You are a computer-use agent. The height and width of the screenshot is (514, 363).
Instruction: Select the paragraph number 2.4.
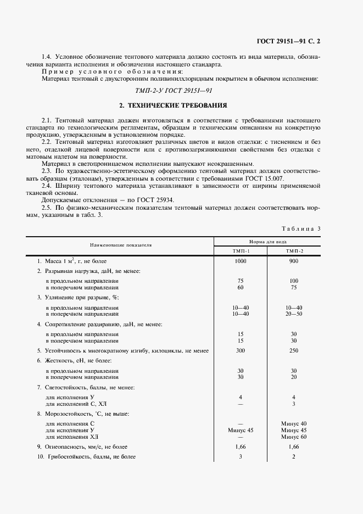click(48, 186)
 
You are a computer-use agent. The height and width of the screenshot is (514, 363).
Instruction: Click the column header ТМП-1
click(241, 251)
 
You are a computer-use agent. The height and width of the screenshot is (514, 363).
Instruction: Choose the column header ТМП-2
click(294, 251)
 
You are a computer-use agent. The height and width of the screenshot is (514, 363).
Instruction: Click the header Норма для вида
click(267, 241)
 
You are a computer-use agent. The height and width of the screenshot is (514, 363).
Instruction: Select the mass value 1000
click(241, 261)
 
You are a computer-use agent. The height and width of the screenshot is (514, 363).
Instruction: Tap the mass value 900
click(294, 261)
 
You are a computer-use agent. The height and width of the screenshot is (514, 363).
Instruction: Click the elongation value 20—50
click(294, 314)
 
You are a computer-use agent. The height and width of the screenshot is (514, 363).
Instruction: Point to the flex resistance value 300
click(241, 350)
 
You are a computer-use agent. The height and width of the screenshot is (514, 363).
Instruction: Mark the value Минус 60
click(294, 437)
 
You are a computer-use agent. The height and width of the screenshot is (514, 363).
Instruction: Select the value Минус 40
click(294, 423)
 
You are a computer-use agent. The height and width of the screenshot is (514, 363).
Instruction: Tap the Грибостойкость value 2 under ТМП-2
click(294, 457)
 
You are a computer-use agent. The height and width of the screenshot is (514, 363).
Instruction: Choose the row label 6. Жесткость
click(75, 360)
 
